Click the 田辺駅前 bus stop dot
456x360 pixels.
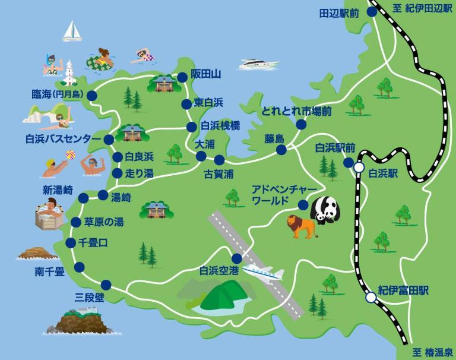coord(372,11)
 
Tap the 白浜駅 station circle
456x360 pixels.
coord(359,169)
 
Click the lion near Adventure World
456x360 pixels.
coord(302,226)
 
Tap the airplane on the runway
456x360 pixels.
coord(262,273)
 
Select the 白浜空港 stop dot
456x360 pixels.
coord(237,258)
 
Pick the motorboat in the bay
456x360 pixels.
coord(260,63)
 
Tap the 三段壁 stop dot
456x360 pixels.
coord(106,284)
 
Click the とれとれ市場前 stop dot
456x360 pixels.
coord(302,125)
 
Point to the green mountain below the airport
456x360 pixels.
coord(221,297)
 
